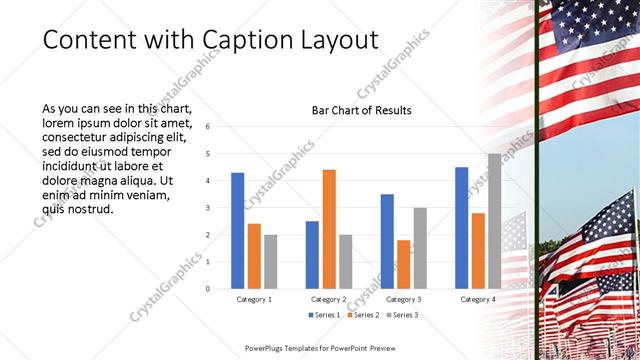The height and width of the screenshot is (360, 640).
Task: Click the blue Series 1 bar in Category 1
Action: (x=237, y=231)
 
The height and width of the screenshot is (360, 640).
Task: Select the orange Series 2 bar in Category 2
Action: (x=328, y=229)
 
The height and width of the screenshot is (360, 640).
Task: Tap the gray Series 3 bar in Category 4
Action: (x=494, y=221)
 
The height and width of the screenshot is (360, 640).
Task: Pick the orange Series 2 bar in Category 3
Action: (x=403, y=264)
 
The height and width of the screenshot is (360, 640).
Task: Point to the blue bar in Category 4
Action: (x=461, y=228)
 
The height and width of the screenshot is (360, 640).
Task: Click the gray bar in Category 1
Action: (x=270, y=261)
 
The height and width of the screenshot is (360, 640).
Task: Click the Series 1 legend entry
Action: (x=326, y=315)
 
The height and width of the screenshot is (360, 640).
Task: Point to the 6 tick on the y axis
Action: (x=206, y=127)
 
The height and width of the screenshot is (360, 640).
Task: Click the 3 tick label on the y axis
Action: (x=206, y=208)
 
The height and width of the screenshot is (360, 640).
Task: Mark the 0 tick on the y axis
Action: (x=206, y=289)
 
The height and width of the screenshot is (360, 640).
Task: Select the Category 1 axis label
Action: (x=253, y=299)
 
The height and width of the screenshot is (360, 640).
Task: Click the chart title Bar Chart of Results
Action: (x=362, y=109)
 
